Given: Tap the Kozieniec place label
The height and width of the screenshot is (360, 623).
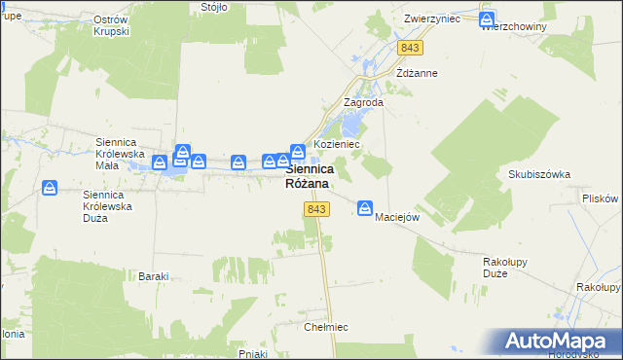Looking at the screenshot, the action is coord(337,144).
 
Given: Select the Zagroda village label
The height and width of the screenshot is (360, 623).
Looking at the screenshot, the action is coord(364,102).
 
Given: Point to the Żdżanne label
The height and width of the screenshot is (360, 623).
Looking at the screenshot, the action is coord(417,73).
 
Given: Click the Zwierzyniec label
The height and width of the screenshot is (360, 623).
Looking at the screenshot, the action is coord(432,18).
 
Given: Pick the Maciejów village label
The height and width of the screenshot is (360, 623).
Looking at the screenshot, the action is coord(397,217).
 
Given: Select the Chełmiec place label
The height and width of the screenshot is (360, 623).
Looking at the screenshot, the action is coord(326,327).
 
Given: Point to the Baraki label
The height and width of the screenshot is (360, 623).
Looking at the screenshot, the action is coord(154,276).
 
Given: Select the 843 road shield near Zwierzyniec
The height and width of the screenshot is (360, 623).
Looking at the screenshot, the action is coord(410,48).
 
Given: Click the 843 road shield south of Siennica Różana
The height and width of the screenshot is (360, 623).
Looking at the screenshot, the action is coord(314,210).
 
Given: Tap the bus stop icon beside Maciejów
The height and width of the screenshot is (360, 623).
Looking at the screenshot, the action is coord(365,207).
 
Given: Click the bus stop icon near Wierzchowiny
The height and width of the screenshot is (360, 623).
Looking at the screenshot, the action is coord(488,18).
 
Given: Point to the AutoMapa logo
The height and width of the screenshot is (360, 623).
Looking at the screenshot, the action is coord(561,341).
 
